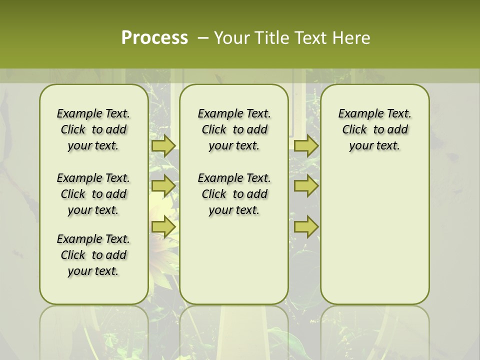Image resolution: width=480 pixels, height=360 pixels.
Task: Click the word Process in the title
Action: click(154, 37)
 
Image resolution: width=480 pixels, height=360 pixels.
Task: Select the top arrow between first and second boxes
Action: click(163, 145)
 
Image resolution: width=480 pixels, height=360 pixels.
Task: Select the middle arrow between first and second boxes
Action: click(163, 186)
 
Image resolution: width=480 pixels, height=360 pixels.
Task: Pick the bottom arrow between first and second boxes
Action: click(163, 227)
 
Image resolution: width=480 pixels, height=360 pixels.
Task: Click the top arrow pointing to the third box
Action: click(306, 145)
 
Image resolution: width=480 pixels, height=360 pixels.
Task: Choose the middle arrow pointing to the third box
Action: click(306, 186)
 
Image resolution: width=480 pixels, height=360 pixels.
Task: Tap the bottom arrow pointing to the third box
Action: click(306, 227)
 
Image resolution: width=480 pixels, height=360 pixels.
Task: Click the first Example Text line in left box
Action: click(93, 113)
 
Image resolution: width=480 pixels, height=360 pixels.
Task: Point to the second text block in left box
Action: click(93, 194)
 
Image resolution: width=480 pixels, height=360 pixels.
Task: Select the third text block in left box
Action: click(93, 255)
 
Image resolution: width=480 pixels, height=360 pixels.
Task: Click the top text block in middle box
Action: click(234, 129)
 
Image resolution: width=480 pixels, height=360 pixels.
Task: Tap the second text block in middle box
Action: click(234, 194)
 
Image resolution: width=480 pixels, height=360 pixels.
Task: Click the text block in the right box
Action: click(374, 129)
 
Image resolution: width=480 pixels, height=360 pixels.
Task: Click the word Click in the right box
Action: click(354, 130)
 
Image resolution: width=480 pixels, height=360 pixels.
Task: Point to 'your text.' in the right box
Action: click(374, 146)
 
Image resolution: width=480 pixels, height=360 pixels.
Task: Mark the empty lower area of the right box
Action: click(374, 235)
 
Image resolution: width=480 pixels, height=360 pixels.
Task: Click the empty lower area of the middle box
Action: click(234, 260)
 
